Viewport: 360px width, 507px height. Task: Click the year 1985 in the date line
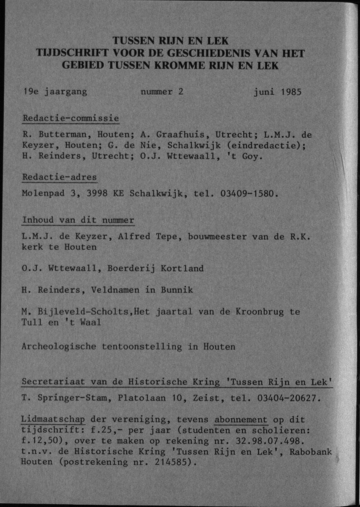tap(289, 92)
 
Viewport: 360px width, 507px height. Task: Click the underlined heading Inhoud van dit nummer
tap(78, 220)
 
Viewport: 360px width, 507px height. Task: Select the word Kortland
tap(182, 268)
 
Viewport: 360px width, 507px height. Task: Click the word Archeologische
tap(59, 347)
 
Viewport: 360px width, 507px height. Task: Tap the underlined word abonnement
tap(241, 420)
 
